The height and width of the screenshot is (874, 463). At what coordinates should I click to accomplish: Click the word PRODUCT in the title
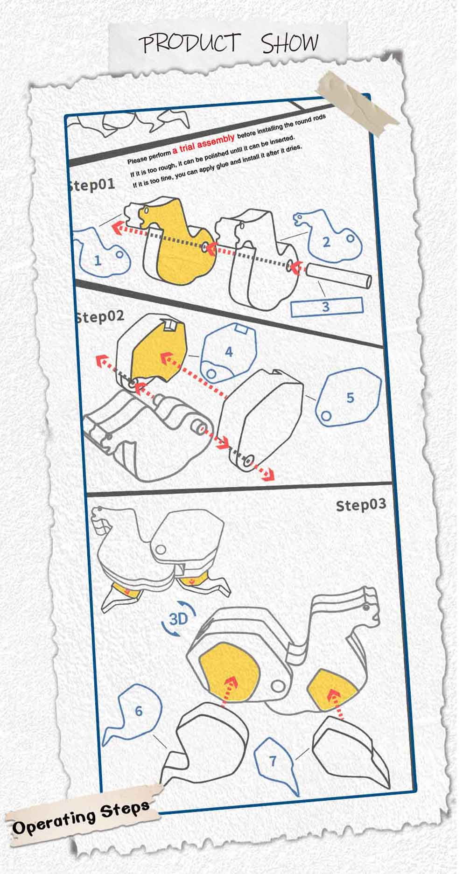[191, 43]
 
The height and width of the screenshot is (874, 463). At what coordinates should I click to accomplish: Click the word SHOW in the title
[289, 42]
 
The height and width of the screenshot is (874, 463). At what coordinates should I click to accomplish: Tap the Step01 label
[91, 185]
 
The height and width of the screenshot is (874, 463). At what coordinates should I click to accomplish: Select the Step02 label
[100, 317]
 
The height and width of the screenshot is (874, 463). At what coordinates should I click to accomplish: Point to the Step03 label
[361, 505]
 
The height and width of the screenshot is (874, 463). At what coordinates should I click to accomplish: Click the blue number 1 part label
[98, 259]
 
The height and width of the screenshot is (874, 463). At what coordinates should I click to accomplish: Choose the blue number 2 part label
[326, 242]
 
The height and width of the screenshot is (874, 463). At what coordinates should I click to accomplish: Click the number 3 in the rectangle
[326, 307]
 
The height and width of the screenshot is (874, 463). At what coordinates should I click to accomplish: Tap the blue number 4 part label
[229, 351]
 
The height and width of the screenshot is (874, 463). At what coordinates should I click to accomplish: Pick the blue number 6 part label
[139, 711]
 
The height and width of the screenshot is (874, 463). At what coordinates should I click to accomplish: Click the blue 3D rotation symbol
[178, 619]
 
